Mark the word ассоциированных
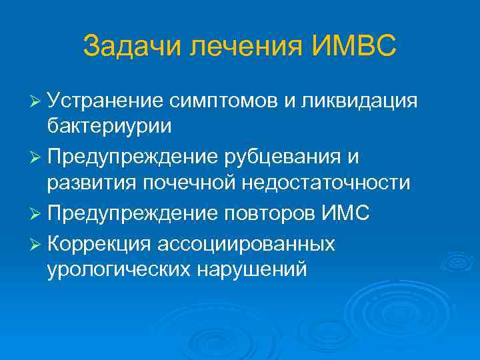(x=247, y=245)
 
